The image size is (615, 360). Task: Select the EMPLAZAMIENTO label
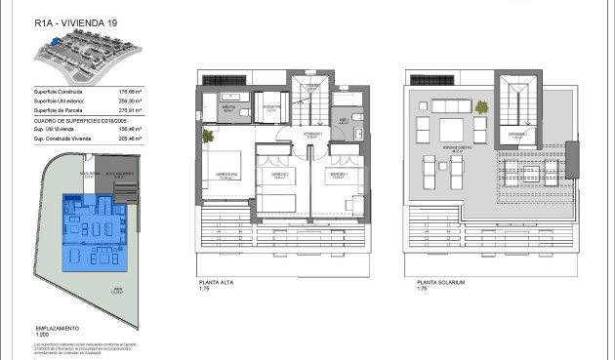(58, 329)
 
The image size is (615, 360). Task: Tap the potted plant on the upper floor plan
(209, 137)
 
